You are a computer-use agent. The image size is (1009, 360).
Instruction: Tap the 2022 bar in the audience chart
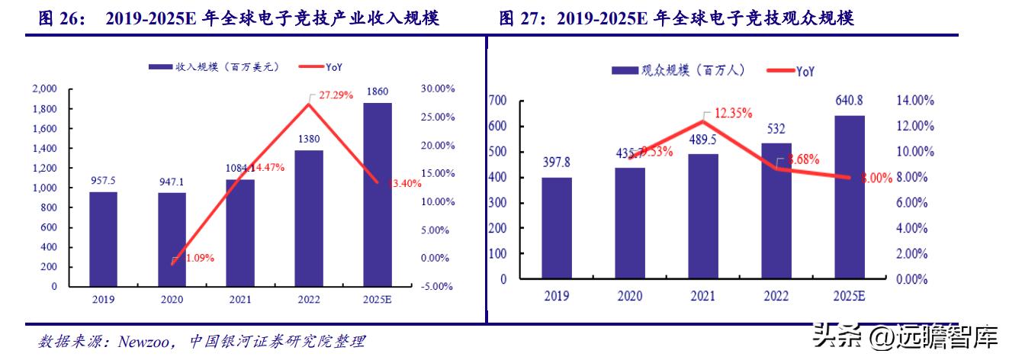[776, 211]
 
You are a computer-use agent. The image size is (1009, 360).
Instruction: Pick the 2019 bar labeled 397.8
[557, 227]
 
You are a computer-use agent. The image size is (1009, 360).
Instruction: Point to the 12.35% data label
[733, 113]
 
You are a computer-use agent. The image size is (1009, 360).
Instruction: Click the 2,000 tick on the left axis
[44, 89]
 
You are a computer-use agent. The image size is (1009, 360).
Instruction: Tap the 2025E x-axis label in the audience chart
[850, 294]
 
